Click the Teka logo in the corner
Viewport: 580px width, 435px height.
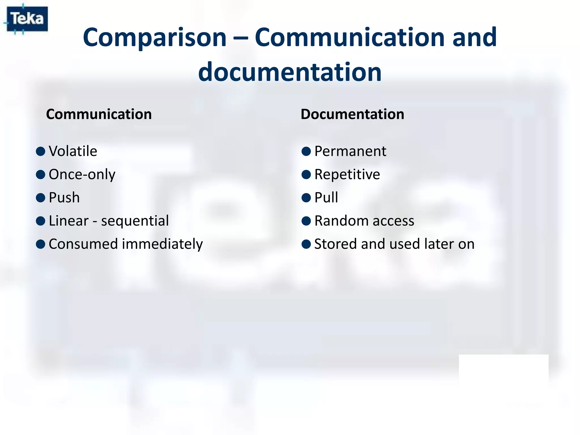click(27, 19)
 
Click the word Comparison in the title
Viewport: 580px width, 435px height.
click(155, 38)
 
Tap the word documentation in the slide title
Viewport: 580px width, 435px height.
click(290, 72)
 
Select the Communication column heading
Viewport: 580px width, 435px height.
click(99, 114)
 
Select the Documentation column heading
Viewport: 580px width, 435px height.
click(352, 114)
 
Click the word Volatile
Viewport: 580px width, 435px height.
click(73, 151)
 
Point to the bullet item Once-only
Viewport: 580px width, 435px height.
click(82, 174)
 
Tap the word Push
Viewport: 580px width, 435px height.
click(64, 198)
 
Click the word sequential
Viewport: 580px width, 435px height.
click(135, 221)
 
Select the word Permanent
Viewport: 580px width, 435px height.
click(350, 151)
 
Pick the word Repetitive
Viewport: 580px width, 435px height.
click(347, 174)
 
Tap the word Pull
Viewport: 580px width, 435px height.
click(326, 198)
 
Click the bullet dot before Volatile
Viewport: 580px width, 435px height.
click(41, 151)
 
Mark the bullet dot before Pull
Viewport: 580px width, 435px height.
click(306, 198)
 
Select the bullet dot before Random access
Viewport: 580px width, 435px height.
click(306, 221)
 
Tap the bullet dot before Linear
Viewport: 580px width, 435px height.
click(41, 221)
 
